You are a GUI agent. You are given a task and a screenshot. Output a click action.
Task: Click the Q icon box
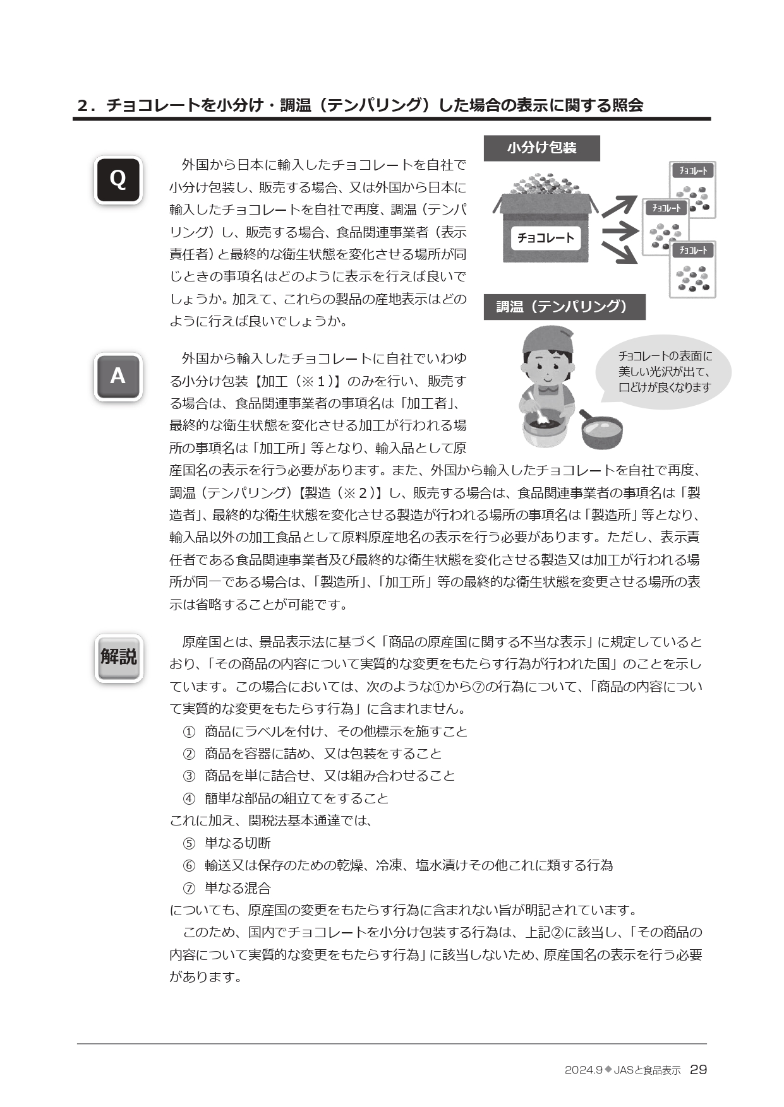(x=118, y=180)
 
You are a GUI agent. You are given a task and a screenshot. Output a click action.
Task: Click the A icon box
(x=118, y=377)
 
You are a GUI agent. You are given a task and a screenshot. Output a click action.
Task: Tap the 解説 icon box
(x=118, y=657)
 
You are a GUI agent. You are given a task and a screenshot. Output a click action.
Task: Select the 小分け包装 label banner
(x=541, y=148)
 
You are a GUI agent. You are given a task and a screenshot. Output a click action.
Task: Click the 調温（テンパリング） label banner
(x=564, y=307)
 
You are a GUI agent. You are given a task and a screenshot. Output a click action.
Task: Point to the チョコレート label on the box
(x=546, y=238)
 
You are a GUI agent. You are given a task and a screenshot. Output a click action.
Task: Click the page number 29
(x=698, y=1070)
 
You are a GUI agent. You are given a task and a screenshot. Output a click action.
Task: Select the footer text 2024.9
(x=584, y=1070)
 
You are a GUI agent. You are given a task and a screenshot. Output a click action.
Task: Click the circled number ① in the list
(x=189, y=731)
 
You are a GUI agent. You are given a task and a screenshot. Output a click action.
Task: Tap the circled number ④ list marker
(x=189, y=798)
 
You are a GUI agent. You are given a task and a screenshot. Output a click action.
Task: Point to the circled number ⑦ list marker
(x=189, y=888)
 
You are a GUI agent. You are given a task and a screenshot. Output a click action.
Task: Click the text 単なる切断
(x=238, y=843)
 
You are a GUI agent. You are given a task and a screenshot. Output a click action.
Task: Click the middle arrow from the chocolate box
(x=620, y=231)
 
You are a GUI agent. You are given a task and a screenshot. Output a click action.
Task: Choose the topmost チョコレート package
(x=692, y=189)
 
